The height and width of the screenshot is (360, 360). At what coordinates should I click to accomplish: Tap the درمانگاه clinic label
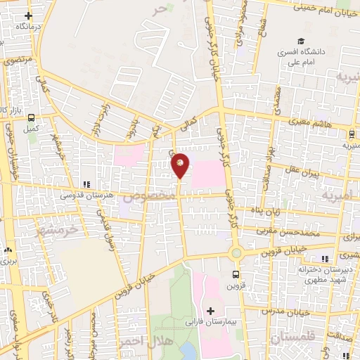point(28,26)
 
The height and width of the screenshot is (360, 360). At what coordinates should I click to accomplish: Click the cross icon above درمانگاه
point(28,15)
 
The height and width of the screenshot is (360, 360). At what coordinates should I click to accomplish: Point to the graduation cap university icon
point(302,41)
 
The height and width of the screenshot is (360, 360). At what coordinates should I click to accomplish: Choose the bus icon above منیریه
point(350,134)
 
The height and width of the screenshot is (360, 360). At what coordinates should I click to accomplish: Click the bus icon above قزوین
point(235,275)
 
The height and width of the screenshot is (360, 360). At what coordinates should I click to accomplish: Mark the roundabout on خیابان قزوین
point(235,253)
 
